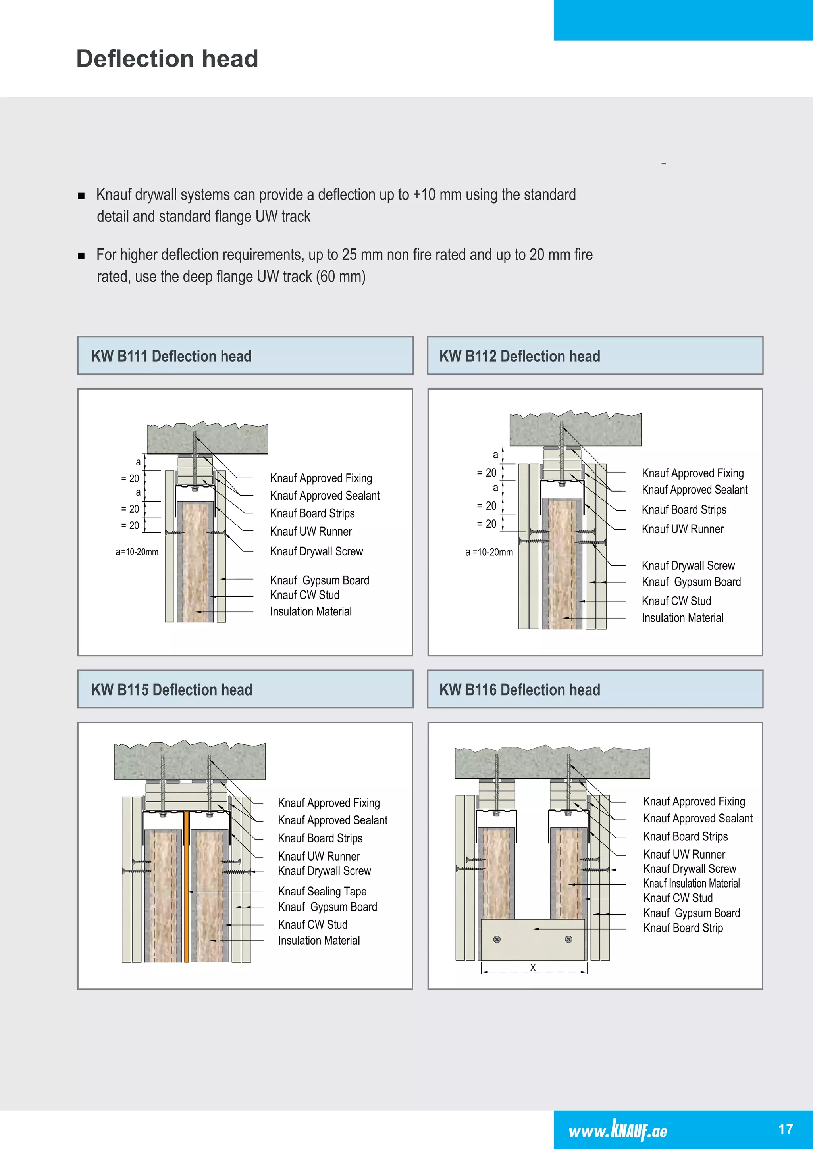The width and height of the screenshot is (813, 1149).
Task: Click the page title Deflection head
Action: click(167, 59)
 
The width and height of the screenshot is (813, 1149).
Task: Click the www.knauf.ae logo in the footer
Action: click(618, 1130)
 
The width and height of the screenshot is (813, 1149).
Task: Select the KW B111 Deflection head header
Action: click(171, 356)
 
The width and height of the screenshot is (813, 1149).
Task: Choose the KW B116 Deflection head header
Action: click(520, 690)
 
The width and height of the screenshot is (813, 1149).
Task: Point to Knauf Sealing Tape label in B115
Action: click(322, 891)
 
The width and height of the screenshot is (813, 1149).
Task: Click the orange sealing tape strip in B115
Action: click(186, 891)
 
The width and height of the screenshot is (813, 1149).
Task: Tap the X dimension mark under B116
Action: click(533, 967)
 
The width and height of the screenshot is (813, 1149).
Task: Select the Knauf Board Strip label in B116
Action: click(683, 928)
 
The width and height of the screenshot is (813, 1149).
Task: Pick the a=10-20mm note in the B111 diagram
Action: click(137, 552)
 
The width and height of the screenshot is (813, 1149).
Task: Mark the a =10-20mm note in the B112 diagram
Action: click(489, 553)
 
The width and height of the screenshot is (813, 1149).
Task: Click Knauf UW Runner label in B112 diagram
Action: click(682, 529)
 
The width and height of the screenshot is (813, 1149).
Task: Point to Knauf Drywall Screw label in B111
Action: click(316, 551)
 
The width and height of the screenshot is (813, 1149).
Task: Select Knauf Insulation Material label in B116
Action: click(692, 883)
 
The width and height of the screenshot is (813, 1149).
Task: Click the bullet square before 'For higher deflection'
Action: click(81, 256)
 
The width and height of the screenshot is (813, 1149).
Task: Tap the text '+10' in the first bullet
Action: click(424, 195)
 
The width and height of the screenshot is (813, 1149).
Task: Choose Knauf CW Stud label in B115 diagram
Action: click(312, 924)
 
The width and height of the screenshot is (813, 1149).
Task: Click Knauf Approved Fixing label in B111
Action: click(321, 478)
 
